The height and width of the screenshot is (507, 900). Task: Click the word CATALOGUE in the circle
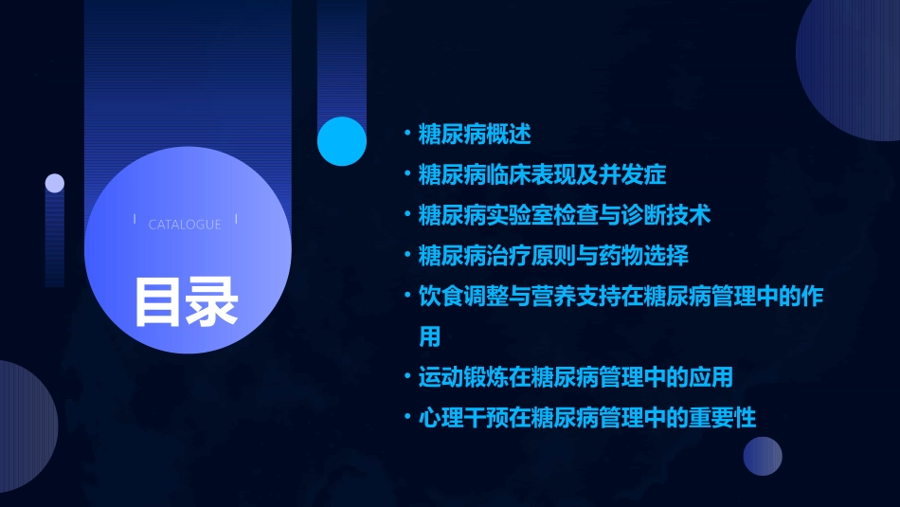coord(185,225)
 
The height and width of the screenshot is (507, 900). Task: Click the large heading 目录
coord(186,300)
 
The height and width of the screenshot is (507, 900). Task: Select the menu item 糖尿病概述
coord(475,135)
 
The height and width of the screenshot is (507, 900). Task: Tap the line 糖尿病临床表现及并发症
coord(542,174)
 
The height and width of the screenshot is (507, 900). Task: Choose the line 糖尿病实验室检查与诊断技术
coord(565,215)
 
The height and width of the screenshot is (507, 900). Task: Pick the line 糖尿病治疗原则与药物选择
coord(553,256)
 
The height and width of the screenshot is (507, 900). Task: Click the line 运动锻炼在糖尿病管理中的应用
coord(576,377)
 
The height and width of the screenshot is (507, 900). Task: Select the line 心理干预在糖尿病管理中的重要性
coord(587,418)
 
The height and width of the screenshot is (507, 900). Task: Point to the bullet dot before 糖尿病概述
coord(406,135)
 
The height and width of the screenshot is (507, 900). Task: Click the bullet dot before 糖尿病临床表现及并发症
coord(406,174)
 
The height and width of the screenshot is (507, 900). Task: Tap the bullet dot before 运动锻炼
coord(406,377)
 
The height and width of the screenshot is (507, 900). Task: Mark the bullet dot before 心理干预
coord(406,418)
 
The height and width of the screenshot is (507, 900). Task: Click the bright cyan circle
coord(342,141)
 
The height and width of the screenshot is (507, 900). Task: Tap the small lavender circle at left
coord(55,183)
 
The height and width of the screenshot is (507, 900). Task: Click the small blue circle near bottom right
coord(763,456)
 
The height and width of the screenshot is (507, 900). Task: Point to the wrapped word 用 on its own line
coord(430,336)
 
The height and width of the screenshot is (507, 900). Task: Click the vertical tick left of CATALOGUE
coord(135,220)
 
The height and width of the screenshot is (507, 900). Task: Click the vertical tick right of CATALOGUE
coord(236,220)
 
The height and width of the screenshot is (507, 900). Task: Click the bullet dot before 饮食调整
coord(406,296)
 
